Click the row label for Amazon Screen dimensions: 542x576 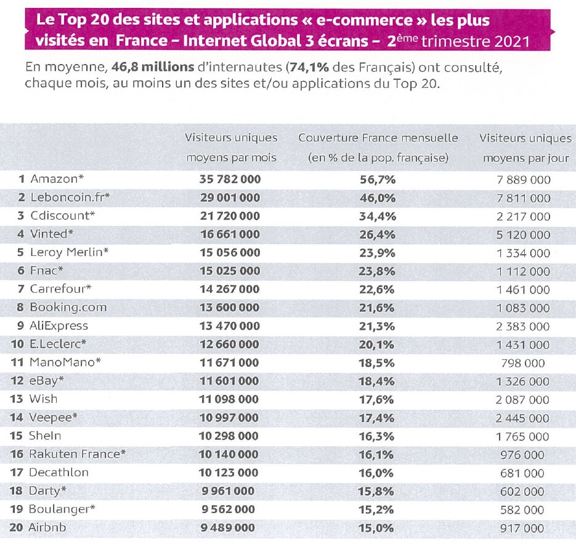(57, 180)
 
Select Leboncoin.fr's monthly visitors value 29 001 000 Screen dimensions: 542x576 (229, 198)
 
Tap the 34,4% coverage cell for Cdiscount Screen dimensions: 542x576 (377, 217)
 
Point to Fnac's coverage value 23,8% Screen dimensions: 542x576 (377, 271)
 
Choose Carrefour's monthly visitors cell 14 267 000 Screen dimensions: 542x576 (229, 289)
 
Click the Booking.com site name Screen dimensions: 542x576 (68, 308)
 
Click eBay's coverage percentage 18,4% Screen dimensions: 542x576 (377, 381)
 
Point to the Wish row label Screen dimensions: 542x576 (43, 399)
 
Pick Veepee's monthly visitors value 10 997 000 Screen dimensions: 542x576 (229, 418)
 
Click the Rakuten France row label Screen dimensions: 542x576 (77, 454)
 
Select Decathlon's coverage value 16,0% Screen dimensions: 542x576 (377, 472)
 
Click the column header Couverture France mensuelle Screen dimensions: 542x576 (378, 138)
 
